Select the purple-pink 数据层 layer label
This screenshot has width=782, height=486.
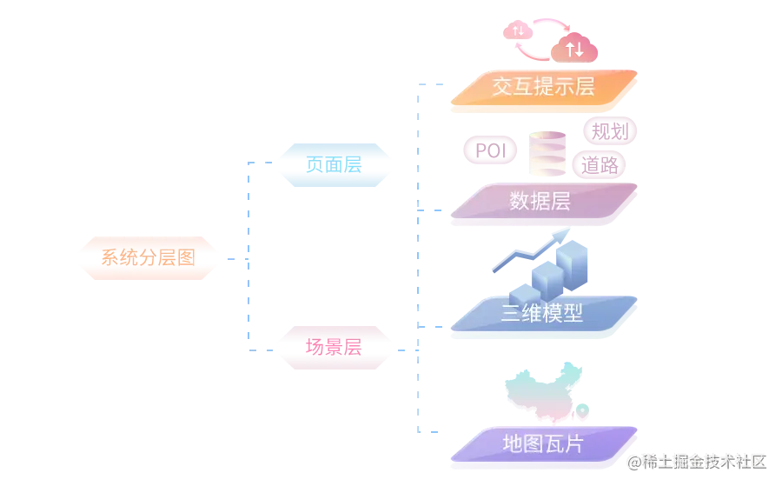click(x=540, y=202)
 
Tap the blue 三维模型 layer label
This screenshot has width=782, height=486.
click(x=541, y=314)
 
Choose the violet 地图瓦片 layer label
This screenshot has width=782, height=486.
click(x=542, y=444)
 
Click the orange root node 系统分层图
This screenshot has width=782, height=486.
click(x=147, y=257)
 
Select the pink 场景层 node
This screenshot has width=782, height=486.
click(x=334, y=347)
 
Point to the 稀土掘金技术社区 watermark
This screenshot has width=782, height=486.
click(x=699, y=461)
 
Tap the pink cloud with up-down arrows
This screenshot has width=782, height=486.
click(x=573, y=50)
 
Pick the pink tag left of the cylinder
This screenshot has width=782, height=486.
click(x=489, y=150)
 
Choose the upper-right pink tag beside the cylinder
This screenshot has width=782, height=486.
click(x=611, y=130)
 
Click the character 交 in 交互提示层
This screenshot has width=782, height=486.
click(x=502, y=87)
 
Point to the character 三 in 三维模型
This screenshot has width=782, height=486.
click(x=511, y=314)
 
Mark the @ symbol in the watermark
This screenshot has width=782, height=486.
click(x=634, y=461)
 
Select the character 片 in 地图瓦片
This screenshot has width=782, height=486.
click(x=573, y=444)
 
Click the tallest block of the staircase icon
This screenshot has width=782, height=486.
click(x=573, y=253)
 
